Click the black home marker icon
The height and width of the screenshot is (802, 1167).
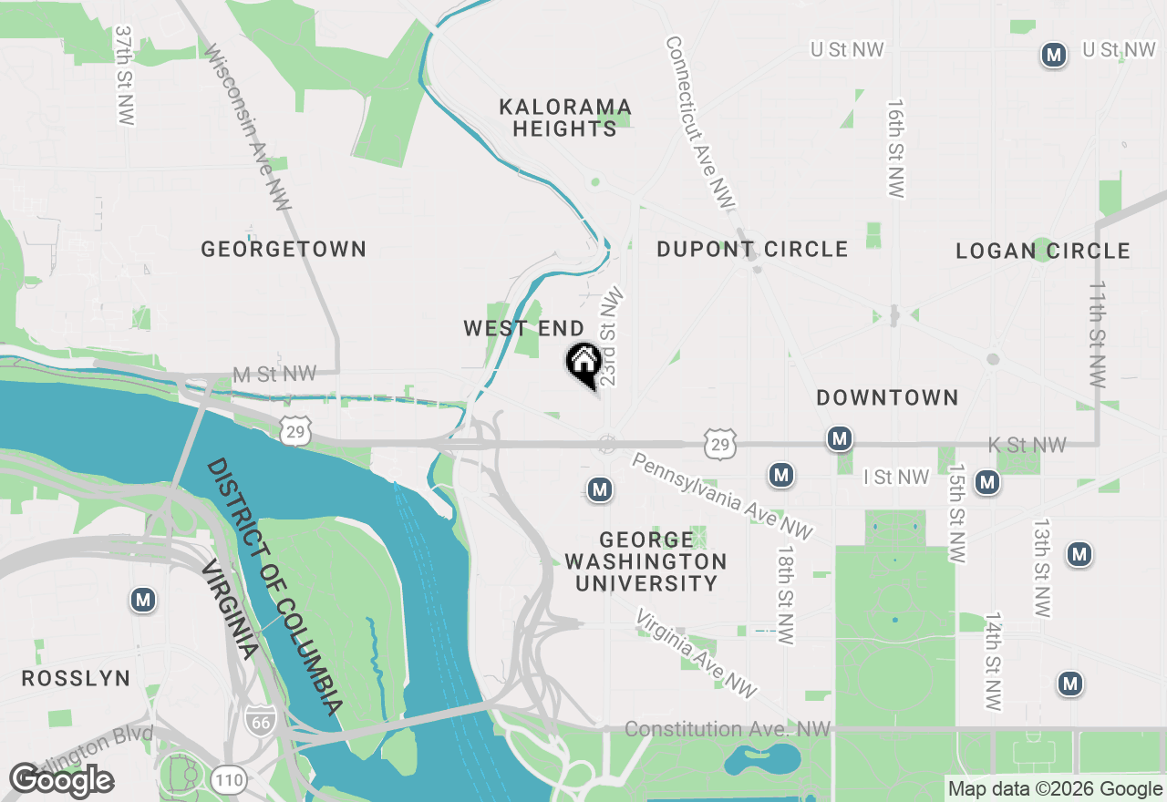click(583, 364)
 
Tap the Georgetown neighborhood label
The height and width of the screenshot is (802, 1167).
click(284, 249)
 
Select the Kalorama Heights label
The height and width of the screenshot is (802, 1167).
click(565, 118)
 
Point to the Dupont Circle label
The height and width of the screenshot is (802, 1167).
click(752, 249)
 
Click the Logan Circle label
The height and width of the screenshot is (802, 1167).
click(1043, 251)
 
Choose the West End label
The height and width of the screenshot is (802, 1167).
click(523, 328)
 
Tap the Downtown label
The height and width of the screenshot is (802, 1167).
click(887, 397)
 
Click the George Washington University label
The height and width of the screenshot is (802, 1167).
click(645, 561)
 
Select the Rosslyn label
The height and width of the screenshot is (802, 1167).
click(76, 679)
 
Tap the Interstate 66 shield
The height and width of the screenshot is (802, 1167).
click(258, 720)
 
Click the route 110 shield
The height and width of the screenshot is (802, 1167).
click(227, 779)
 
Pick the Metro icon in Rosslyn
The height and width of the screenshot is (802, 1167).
click(142, 600)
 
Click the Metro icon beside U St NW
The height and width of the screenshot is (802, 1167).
click(1054, 55)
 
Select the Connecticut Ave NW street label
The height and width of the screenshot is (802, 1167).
click(699, 121)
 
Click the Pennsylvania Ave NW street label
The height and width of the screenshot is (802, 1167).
click(721, 497)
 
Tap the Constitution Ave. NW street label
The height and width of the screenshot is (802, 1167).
click(728, 729)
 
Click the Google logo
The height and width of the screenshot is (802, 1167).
click(61, 781)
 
